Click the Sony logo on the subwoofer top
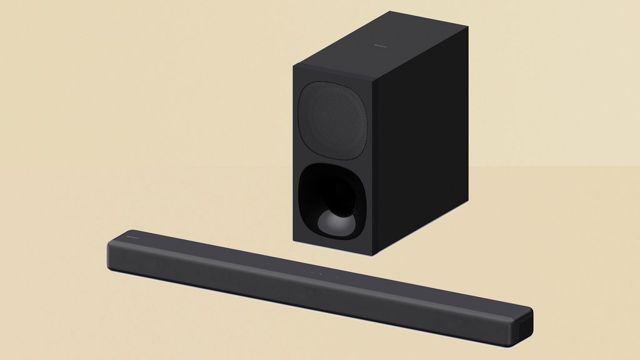pos(380,45)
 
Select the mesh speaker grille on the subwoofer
pos(332,120)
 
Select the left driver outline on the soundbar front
pos(159,266)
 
